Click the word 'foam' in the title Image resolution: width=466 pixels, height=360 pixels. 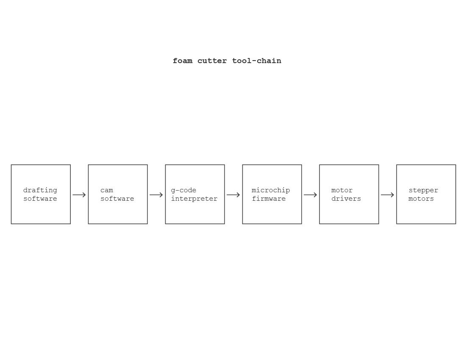coord(183,61)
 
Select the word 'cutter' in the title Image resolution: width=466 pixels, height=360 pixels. coord(212,61)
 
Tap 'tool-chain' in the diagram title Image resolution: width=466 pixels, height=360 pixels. coord(256,61)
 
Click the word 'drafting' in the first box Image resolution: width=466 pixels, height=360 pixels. coord(40,191)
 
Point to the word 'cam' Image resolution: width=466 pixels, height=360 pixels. coord(107,191)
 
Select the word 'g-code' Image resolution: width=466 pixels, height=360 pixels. coord(183,191)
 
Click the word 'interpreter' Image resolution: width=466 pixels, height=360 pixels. coord(194,199)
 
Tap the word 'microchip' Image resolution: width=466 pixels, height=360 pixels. coord(271,191)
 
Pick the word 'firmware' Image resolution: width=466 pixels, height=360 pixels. coord(269,199)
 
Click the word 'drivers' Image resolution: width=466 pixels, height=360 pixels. coord(346,199)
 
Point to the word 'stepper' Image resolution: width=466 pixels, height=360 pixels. coord(423,191)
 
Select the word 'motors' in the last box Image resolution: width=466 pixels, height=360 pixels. coord(421,199)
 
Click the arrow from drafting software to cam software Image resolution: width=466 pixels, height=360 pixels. coord(79,195)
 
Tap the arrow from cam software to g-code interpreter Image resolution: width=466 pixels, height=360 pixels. coord(156,195)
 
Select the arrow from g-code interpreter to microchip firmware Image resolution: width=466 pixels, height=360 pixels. coord(233,195)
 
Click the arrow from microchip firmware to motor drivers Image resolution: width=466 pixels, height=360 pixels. coord(310,195)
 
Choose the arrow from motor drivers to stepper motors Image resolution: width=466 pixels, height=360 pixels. coord(387,195)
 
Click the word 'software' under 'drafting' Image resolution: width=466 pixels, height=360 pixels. coord(40,199)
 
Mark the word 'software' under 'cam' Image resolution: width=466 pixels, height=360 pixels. coord(117,199)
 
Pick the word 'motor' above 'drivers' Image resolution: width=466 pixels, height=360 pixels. coord(342,191)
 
